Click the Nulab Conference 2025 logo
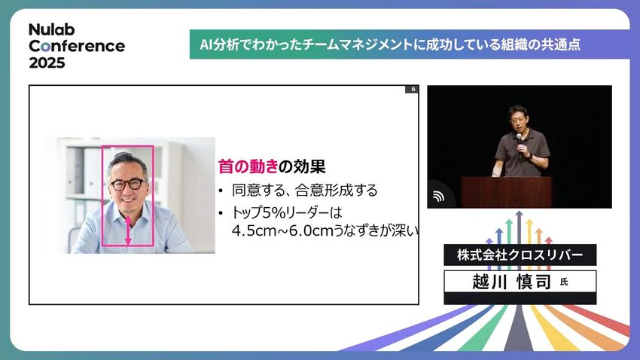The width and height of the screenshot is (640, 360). tap(77, 46)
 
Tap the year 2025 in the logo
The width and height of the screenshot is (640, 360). tap(47, 63)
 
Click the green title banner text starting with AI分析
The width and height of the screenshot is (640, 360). tap(390, 44)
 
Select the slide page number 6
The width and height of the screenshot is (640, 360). tap(413, 89)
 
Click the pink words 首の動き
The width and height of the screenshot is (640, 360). tap(248, 166)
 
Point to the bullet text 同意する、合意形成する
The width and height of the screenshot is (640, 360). tap(304, 191)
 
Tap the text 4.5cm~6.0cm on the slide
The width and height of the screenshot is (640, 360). tap(282, 230)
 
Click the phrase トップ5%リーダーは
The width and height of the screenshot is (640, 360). tap(287, 212)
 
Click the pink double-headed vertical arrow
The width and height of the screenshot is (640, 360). tap(128, 230)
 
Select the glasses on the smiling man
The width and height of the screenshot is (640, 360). tap(128, 185)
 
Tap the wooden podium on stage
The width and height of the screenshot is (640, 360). tap(506, 192)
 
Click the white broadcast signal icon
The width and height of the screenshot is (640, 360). tap(438, 197)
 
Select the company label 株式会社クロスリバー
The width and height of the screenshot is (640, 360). tap(520, 255)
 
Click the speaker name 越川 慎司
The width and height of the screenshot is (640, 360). tap(512, 282)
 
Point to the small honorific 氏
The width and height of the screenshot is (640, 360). tap(564, 282)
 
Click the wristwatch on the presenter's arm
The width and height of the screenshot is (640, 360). tap(529, 155)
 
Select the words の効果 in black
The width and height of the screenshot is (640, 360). tap(302, 166)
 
